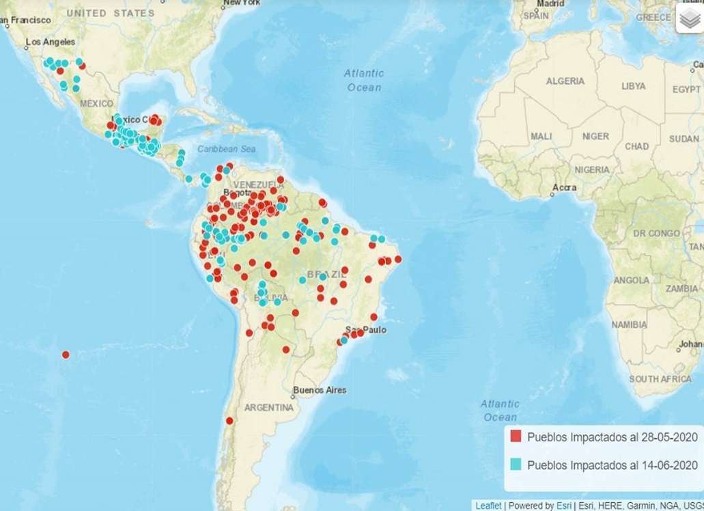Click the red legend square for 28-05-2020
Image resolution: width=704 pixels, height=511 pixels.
[x=516, y=437]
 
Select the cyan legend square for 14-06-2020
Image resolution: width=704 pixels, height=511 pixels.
[x=516, y=465]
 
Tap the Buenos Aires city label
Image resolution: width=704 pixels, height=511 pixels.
[x=320, y=390]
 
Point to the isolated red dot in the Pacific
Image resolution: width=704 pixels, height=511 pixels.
[x=66, y=355]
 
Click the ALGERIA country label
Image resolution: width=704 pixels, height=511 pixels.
[x=565, y=81]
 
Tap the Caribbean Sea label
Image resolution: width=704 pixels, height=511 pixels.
[x=226, y=148]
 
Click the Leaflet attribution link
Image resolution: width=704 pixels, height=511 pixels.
[x=488, y=506]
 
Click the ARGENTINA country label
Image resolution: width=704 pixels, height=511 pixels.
[x=268, y=407]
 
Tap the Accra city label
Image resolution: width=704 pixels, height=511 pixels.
[x=565, y=187]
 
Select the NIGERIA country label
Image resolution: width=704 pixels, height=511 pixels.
[x=591, y=169]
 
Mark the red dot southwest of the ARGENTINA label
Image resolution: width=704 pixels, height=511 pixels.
[x=229, y=420]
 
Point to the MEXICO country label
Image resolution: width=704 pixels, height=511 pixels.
[x=96, y=103]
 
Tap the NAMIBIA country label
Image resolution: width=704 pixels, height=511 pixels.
[x=629, y=324]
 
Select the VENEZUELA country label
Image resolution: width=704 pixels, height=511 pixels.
[x=258, y=185]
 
